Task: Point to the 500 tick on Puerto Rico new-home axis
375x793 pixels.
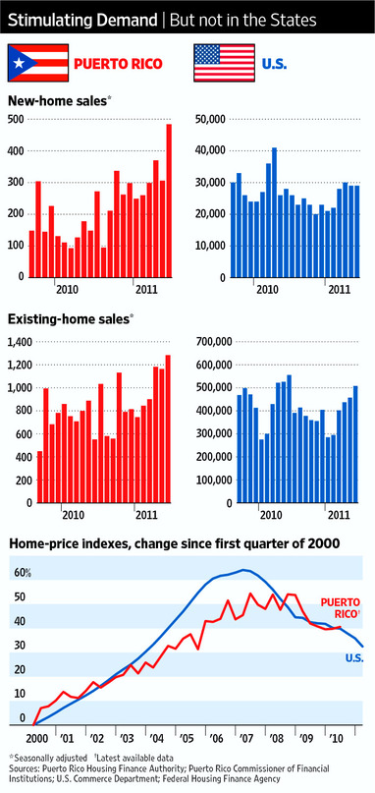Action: [16, 120]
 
